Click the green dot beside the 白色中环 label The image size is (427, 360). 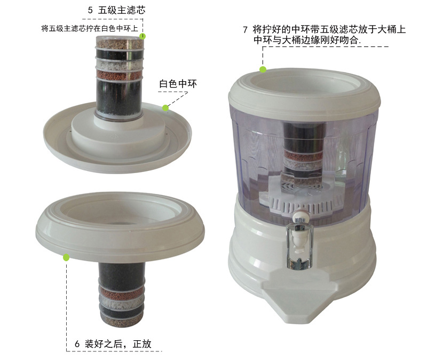pyautogui.click(x=165, y=108)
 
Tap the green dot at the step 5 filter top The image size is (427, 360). pyautogui.click(x=143, y=36)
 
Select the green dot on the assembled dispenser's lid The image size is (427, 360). pyautogui.click(x=263, y=69)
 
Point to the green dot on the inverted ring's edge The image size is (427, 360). pyautogui.click(x=66, y=257)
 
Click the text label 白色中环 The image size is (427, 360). pyautogui.click(x=178, y=84)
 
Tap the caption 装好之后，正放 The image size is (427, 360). pyautogui.click(x=119, y=344)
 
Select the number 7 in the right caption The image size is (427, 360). pyautogui.click(x=245, y=30)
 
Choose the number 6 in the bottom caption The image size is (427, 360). pyautogui.click(x=77, y=344)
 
